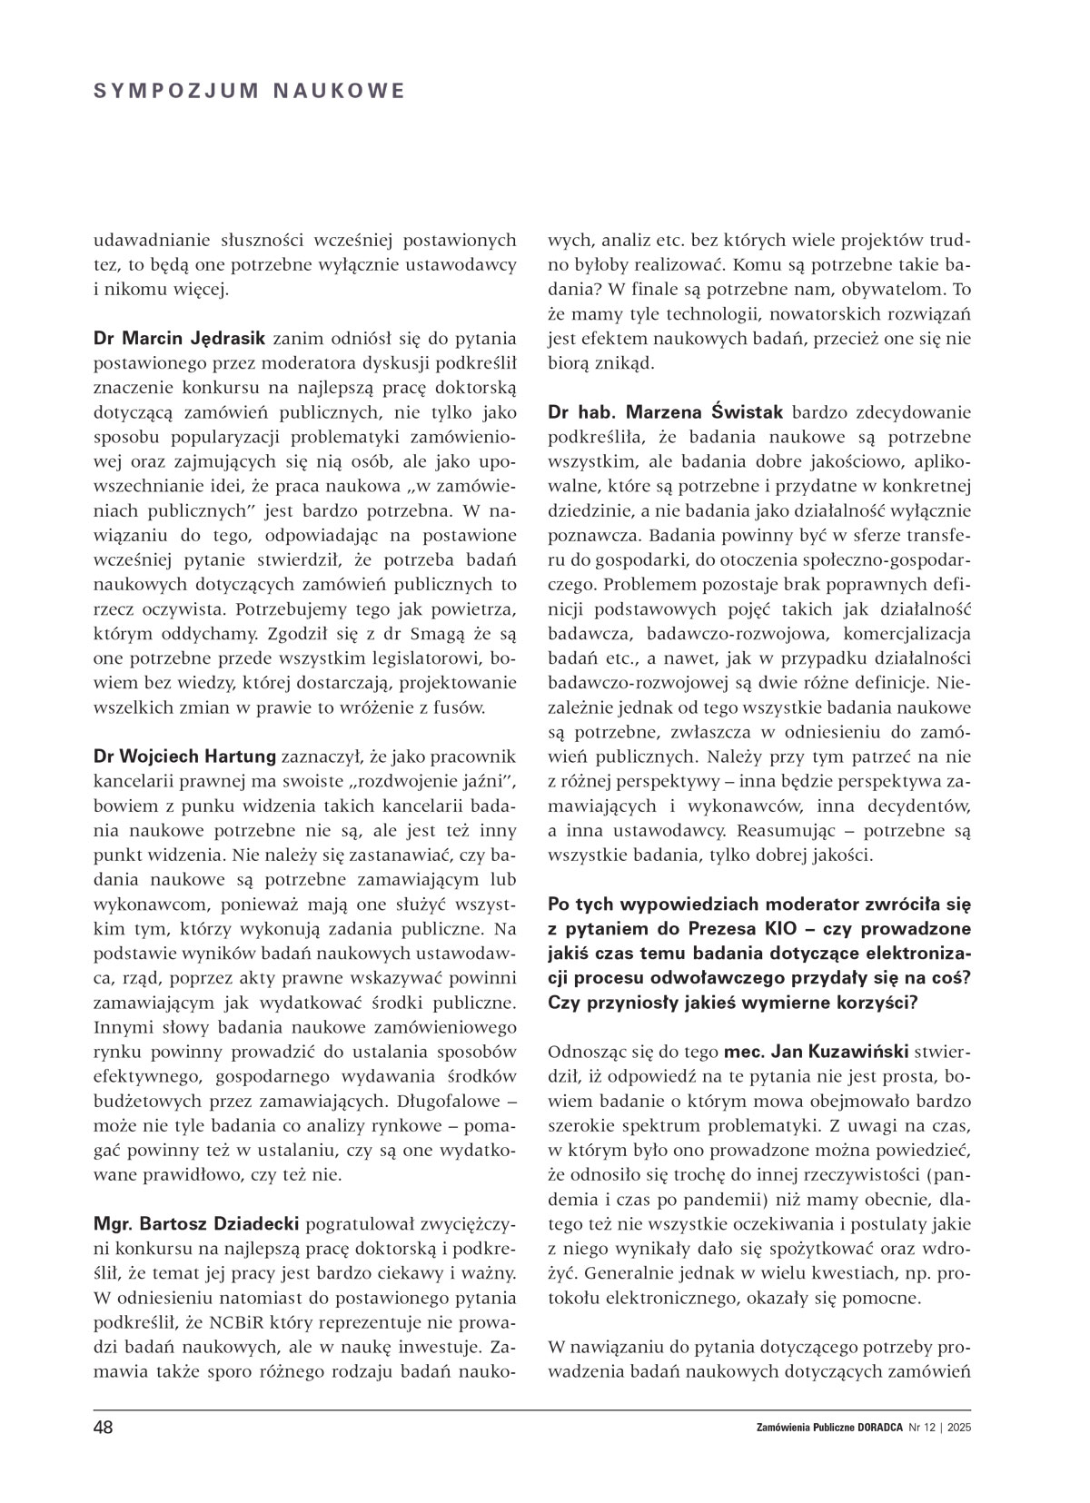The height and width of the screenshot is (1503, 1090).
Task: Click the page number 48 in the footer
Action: click(x=103, y=1427)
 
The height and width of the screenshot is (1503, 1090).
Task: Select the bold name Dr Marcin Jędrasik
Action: click(x=179, y=339)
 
